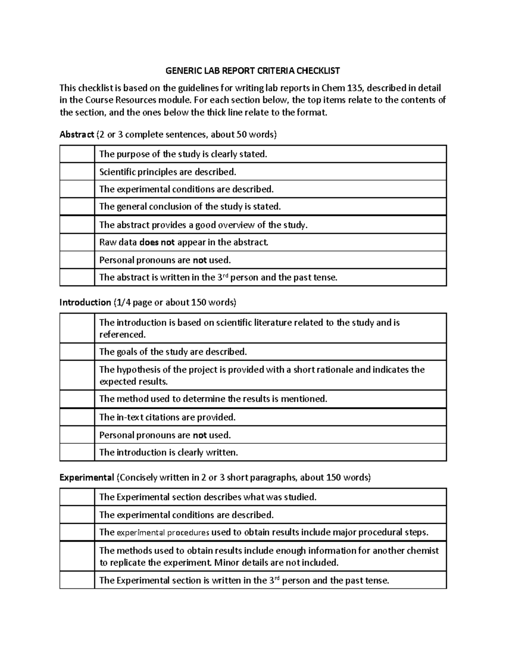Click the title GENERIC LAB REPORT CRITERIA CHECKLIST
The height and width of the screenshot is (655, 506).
tap(253, 70)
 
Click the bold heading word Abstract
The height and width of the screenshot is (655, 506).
tap(77, 135)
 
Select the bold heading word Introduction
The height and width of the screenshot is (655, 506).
tap(85, 302)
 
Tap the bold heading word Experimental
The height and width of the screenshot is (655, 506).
tap(87, 477)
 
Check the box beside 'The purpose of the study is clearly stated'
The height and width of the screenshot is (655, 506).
tap(77, 154)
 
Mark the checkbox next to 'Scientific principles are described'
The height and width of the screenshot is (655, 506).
tap(77, 172)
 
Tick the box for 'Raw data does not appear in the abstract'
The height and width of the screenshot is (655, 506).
tap(77, 242)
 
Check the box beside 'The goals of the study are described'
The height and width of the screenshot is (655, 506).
tap(77, 351)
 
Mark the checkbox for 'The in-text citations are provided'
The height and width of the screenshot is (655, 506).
tap(77, 417)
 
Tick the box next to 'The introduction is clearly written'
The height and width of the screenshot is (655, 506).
tap(77, 452)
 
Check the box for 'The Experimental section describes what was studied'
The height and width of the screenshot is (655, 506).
tap(77, 497)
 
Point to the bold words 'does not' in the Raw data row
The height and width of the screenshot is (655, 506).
tap(157, 243)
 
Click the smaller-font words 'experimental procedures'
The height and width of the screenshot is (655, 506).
tap(163, 532)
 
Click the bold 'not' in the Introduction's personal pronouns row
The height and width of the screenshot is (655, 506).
tap(199, 435)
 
